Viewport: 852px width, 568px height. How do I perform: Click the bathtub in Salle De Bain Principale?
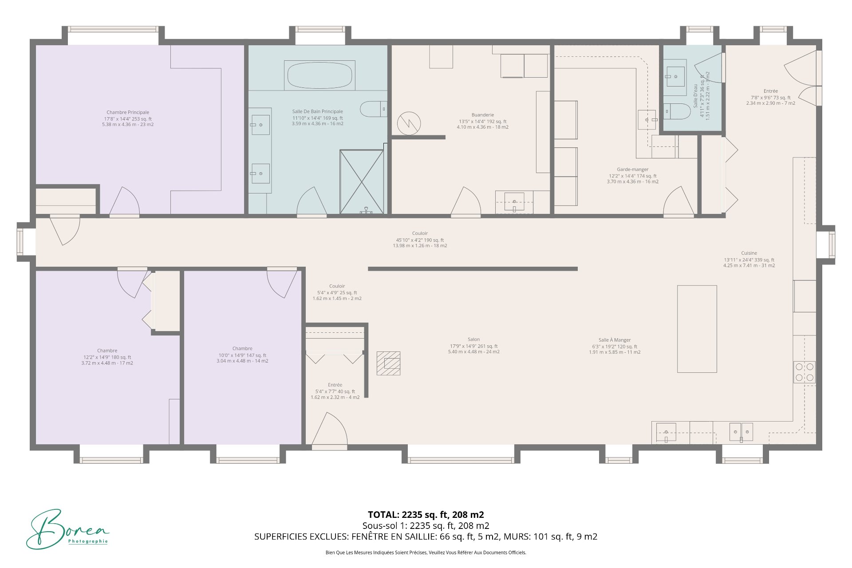[x=319, y=76]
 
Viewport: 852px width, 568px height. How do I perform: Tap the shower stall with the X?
[x=362, y=182]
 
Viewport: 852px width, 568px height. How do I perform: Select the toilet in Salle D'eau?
[x=677, y=111]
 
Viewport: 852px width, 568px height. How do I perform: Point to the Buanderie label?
[x=483, y=115]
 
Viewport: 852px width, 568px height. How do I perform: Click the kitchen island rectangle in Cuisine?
[x=697, y=329]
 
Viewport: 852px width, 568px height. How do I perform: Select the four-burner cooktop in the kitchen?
[x=805, y=372]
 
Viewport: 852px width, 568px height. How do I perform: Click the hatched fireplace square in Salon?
[x=388, y=363]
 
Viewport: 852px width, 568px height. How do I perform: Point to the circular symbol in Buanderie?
[x=409, y=123]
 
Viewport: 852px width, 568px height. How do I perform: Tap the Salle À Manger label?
[x=615, y=340]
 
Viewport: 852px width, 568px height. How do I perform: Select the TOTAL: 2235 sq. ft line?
[x=426, y=515]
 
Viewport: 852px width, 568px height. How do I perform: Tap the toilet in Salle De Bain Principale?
[x=373, y=109]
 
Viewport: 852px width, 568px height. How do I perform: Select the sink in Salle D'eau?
[x=675, y=77]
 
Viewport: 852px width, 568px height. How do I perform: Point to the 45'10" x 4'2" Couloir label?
[x=420, y=240]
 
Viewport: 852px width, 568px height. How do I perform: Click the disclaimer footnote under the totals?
[x=426, y=552]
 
